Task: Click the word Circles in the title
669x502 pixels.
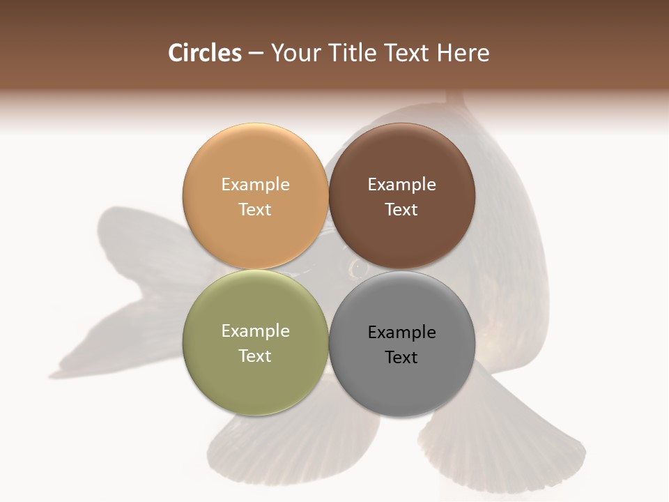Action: coord(204,53)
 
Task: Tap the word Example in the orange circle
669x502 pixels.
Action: coord(255,185)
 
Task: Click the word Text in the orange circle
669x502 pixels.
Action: coord(255,210)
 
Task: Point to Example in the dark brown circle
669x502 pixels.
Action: coord(401,185)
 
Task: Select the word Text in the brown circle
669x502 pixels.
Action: coord(401,210)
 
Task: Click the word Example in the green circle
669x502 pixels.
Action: coord(255,331)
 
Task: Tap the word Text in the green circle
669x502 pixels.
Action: coord(255,356)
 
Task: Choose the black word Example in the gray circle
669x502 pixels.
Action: coord(401,333)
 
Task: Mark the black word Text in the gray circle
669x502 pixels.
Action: coord(401,358)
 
